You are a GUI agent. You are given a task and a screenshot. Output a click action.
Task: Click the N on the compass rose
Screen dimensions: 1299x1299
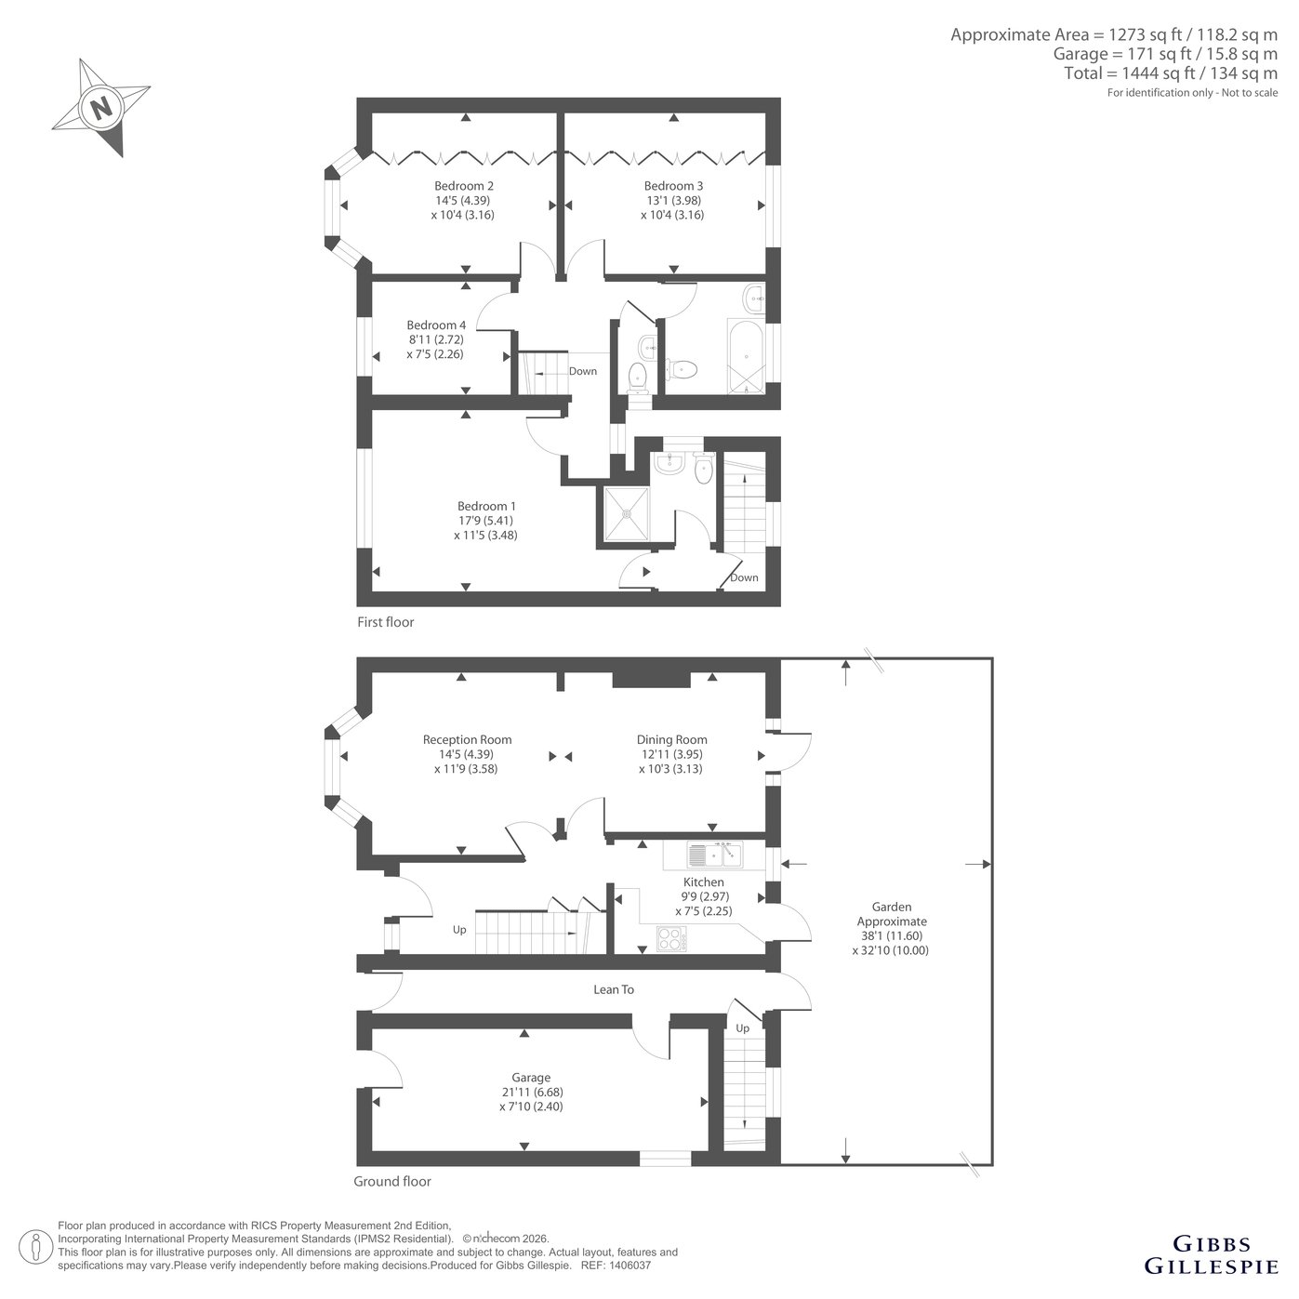(x=101, y=107)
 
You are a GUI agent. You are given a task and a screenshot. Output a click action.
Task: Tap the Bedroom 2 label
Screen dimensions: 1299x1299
(x=463, y=186)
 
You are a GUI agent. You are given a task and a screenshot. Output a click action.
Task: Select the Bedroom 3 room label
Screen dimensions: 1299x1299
(x=673, y=186)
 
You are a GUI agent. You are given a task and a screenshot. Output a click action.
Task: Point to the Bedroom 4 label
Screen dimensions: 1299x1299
(x=435, y=325)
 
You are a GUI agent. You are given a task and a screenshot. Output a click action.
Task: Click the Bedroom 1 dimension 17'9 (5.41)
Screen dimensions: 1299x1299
(x=485, y=521)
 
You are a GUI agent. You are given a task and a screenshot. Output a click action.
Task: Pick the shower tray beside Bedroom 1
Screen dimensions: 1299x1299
(x=627, y=513)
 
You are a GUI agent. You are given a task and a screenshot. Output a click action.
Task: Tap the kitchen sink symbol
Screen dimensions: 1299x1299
(x=714, y=855)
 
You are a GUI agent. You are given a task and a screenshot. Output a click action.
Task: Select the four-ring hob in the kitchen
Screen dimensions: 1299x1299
(x=671, y=939)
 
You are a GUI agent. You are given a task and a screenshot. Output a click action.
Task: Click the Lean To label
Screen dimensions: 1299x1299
(x=614, y=989)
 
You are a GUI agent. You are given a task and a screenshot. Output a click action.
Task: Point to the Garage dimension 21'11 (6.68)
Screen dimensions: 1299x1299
(x=531, y=1092)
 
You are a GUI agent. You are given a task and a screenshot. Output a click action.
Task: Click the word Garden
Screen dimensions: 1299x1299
(x=892, y=907)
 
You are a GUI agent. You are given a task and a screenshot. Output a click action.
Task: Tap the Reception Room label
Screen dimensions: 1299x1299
(x=467, y=739)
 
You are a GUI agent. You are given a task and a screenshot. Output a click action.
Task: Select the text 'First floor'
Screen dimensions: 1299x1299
(x=385, y=622)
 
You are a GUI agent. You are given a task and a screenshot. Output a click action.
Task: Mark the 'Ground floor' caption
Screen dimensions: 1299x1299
(x=391, y=1181)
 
